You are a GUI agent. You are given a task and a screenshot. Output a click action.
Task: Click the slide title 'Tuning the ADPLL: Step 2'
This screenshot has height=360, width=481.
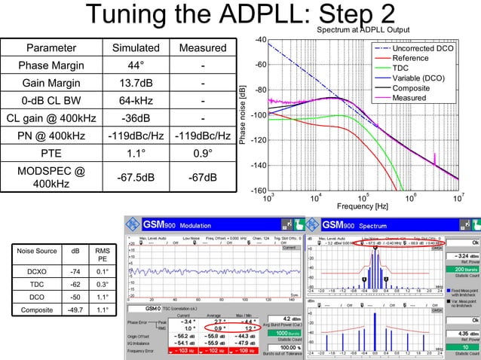tap(240, 17)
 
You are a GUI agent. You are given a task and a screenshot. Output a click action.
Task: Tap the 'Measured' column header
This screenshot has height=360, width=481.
tap(202, 48)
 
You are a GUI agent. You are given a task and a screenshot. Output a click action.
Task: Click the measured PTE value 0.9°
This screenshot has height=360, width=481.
tap(202, 153)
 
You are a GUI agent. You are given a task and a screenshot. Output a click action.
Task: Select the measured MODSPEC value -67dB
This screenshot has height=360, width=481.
tap(202, 177)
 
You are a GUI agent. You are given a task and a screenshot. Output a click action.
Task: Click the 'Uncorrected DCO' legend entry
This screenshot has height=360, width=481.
tap(422, 48)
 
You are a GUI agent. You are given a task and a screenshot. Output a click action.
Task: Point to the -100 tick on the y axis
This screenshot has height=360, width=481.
tap(257, 115)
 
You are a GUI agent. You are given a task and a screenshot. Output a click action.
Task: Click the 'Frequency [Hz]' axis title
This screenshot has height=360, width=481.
tap(363, 206)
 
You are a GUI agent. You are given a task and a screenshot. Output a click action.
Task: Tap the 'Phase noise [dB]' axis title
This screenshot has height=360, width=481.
tap(242, 115)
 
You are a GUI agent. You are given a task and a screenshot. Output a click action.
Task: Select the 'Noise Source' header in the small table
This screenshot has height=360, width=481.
tap(36, 251)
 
